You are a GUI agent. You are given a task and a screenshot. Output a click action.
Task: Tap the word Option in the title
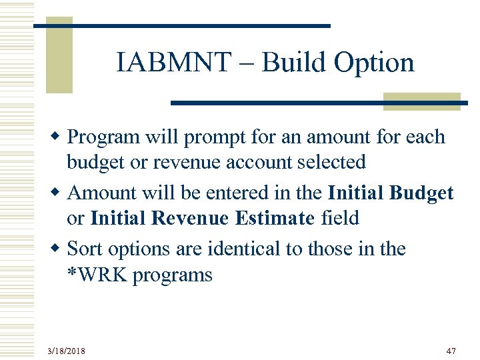point(374,63)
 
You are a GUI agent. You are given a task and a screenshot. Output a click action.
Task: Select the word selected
point(333,163)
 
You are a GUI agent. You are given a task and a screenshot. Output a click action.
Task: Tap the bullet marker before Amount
point(57,193)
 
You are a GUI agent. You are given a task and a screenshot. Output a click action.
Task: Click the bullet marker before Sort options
point(57,249)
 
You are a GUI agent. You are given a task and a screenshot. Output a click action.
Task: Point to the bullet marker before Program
point(57,137)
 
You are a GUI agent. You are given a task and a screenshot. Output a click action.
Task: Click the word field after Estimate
point(340,218)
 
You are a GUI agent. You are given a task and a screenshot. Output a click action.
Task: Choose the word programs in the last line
point(173,275)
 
